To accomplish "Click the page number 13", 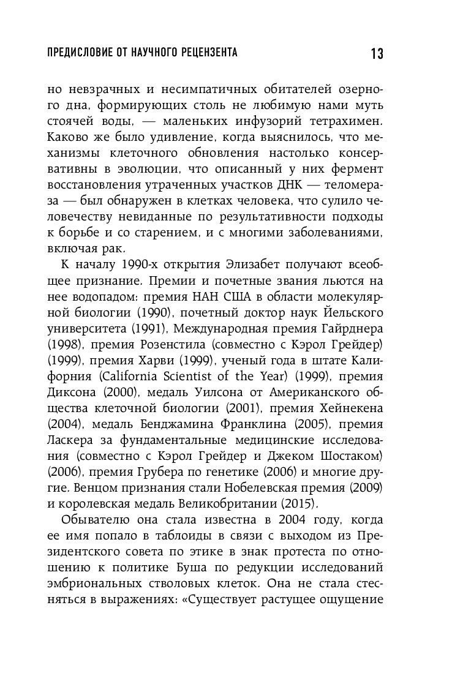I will tap(376, 54).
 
